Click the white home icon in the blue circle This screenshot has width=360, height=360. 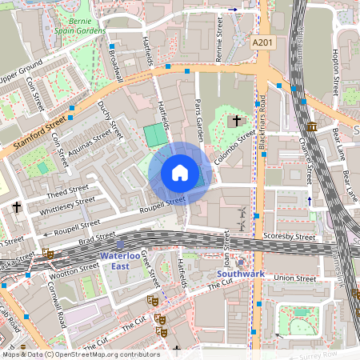(x=180, y=173)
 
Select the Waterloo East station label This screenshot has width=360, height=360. (x=119, y=261)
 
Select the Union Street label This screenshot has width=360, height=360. (x=294, y=278)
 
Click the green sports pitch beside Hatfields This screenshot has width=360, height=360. (x=152, y=135)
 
